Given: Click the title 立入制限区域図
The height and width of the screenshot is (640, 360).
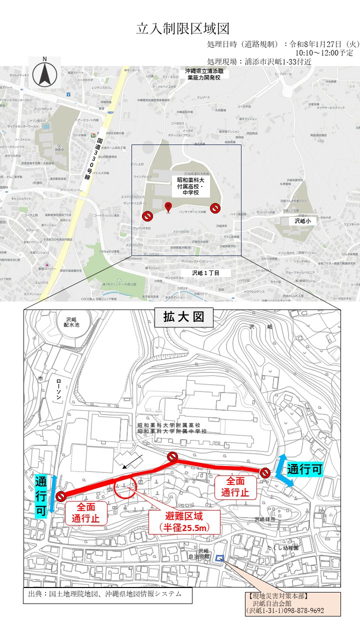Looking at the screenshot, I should (182, 28).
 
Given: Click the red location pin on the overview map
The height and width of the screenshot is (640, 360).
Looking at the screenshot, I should (168, 207).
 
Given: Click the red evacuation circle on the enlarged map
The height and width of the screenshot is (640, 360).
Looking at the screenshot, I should (125, 486).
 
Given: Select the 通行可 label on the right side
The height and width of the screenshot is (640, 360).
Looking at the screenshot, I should (304, 469).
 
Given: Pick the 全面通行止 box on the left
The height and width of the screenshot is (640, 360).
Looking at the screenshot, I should (85, 512).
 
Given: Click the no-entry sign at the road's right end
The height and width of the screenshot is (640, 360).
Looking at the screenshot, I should (265, 472).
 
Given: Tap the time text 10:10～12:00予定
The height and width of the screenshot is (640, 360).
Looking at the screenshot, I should (324, 52).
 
